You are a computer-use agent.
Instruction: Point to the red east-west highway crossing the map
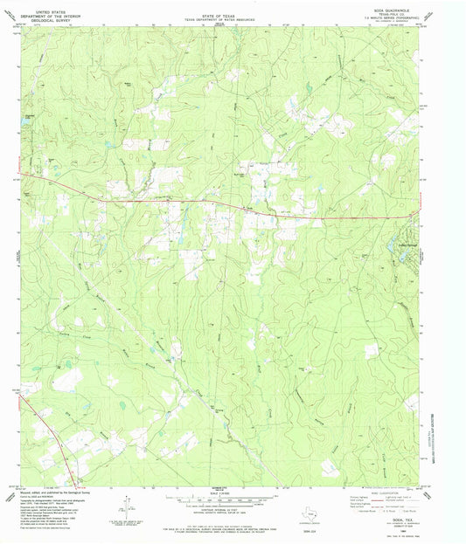point(175,200)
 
